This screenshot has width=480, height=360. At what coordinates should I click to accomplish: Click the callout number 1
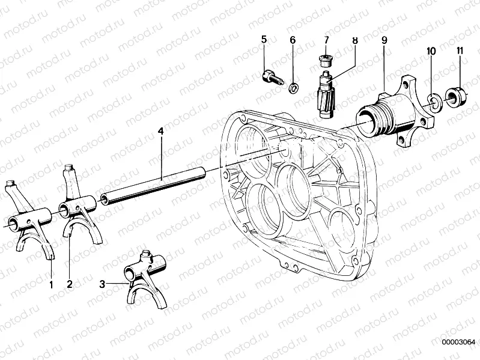pos(51,284)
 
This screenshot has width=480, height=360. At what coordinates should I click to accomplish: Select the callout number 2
pos(70,284)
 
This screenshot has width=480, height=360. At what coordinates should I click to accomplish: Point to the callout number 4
pos(160,130)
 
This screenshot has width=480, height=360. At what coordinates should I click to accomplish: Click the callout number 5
pos(264,40)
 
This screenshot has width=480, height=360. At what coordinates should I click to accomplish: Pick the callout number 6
pos(293,40)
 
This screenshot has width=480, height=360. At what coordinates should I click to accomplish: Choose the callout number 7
pos(327,40)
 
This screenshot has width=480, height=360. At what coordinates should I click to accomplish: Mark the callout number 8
pos(354,40)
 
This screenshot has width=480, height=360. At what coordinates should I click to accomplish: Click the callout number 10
pos(431,51)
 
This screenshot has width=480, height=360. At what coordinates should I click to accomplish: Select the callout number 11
pos(459,51)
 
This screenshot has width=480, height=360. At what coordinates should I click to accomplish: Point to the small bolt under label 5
pos(272,78)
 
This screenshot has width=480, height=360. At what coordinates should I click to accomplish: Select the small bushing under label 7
pos(325,60)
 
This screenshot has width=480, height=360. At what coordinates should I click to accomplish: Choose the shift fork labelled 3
pos(142,276)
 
